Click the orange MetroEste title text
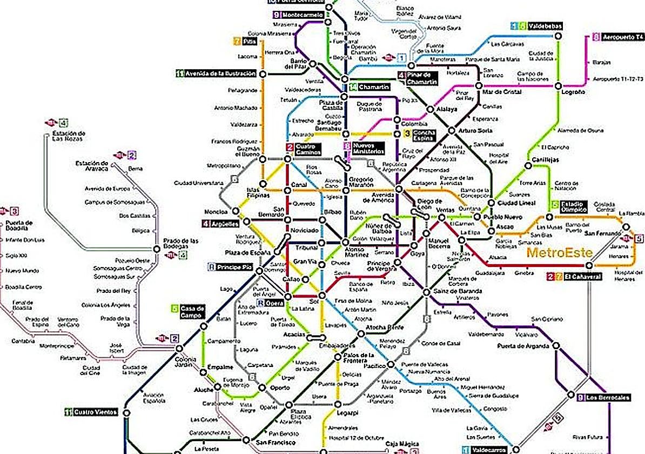click(x=559, y=252)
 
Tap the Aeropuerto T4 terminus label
click(x=623, y=37)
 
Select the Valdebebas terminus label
click(x=542, y=25)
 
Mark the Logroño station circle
click(x=559, y=85)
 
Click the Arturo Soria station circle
click(x=452, y=130)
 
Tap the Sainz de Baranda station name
click(x=453, y=291)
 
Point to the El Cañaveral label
click(x=583, y=277)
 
